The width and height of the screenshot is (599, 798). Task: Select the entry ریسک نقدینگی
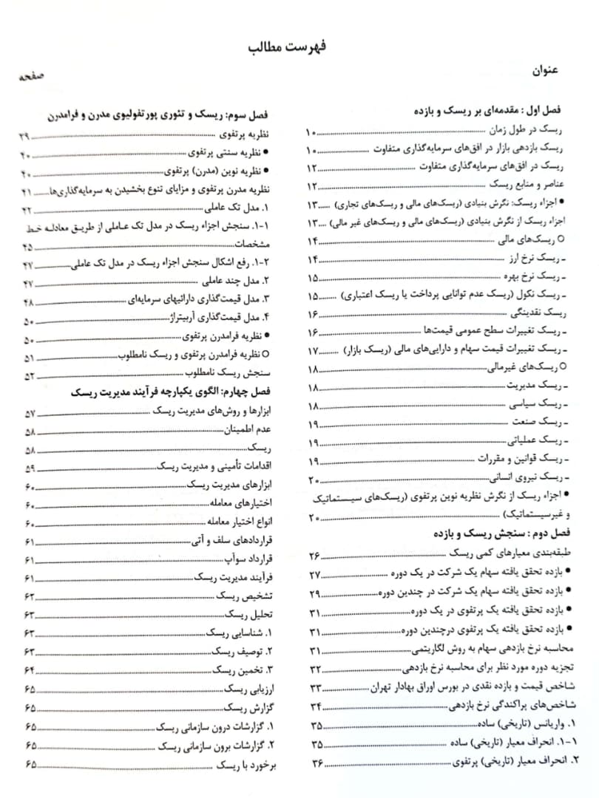537,313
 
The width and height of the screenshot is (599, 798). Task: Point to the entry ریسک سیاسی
539,405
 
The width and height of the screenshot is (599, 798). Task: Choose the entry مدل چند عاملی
240,283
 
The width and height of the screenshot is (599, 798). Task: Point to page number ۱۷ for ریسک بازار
311,350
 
